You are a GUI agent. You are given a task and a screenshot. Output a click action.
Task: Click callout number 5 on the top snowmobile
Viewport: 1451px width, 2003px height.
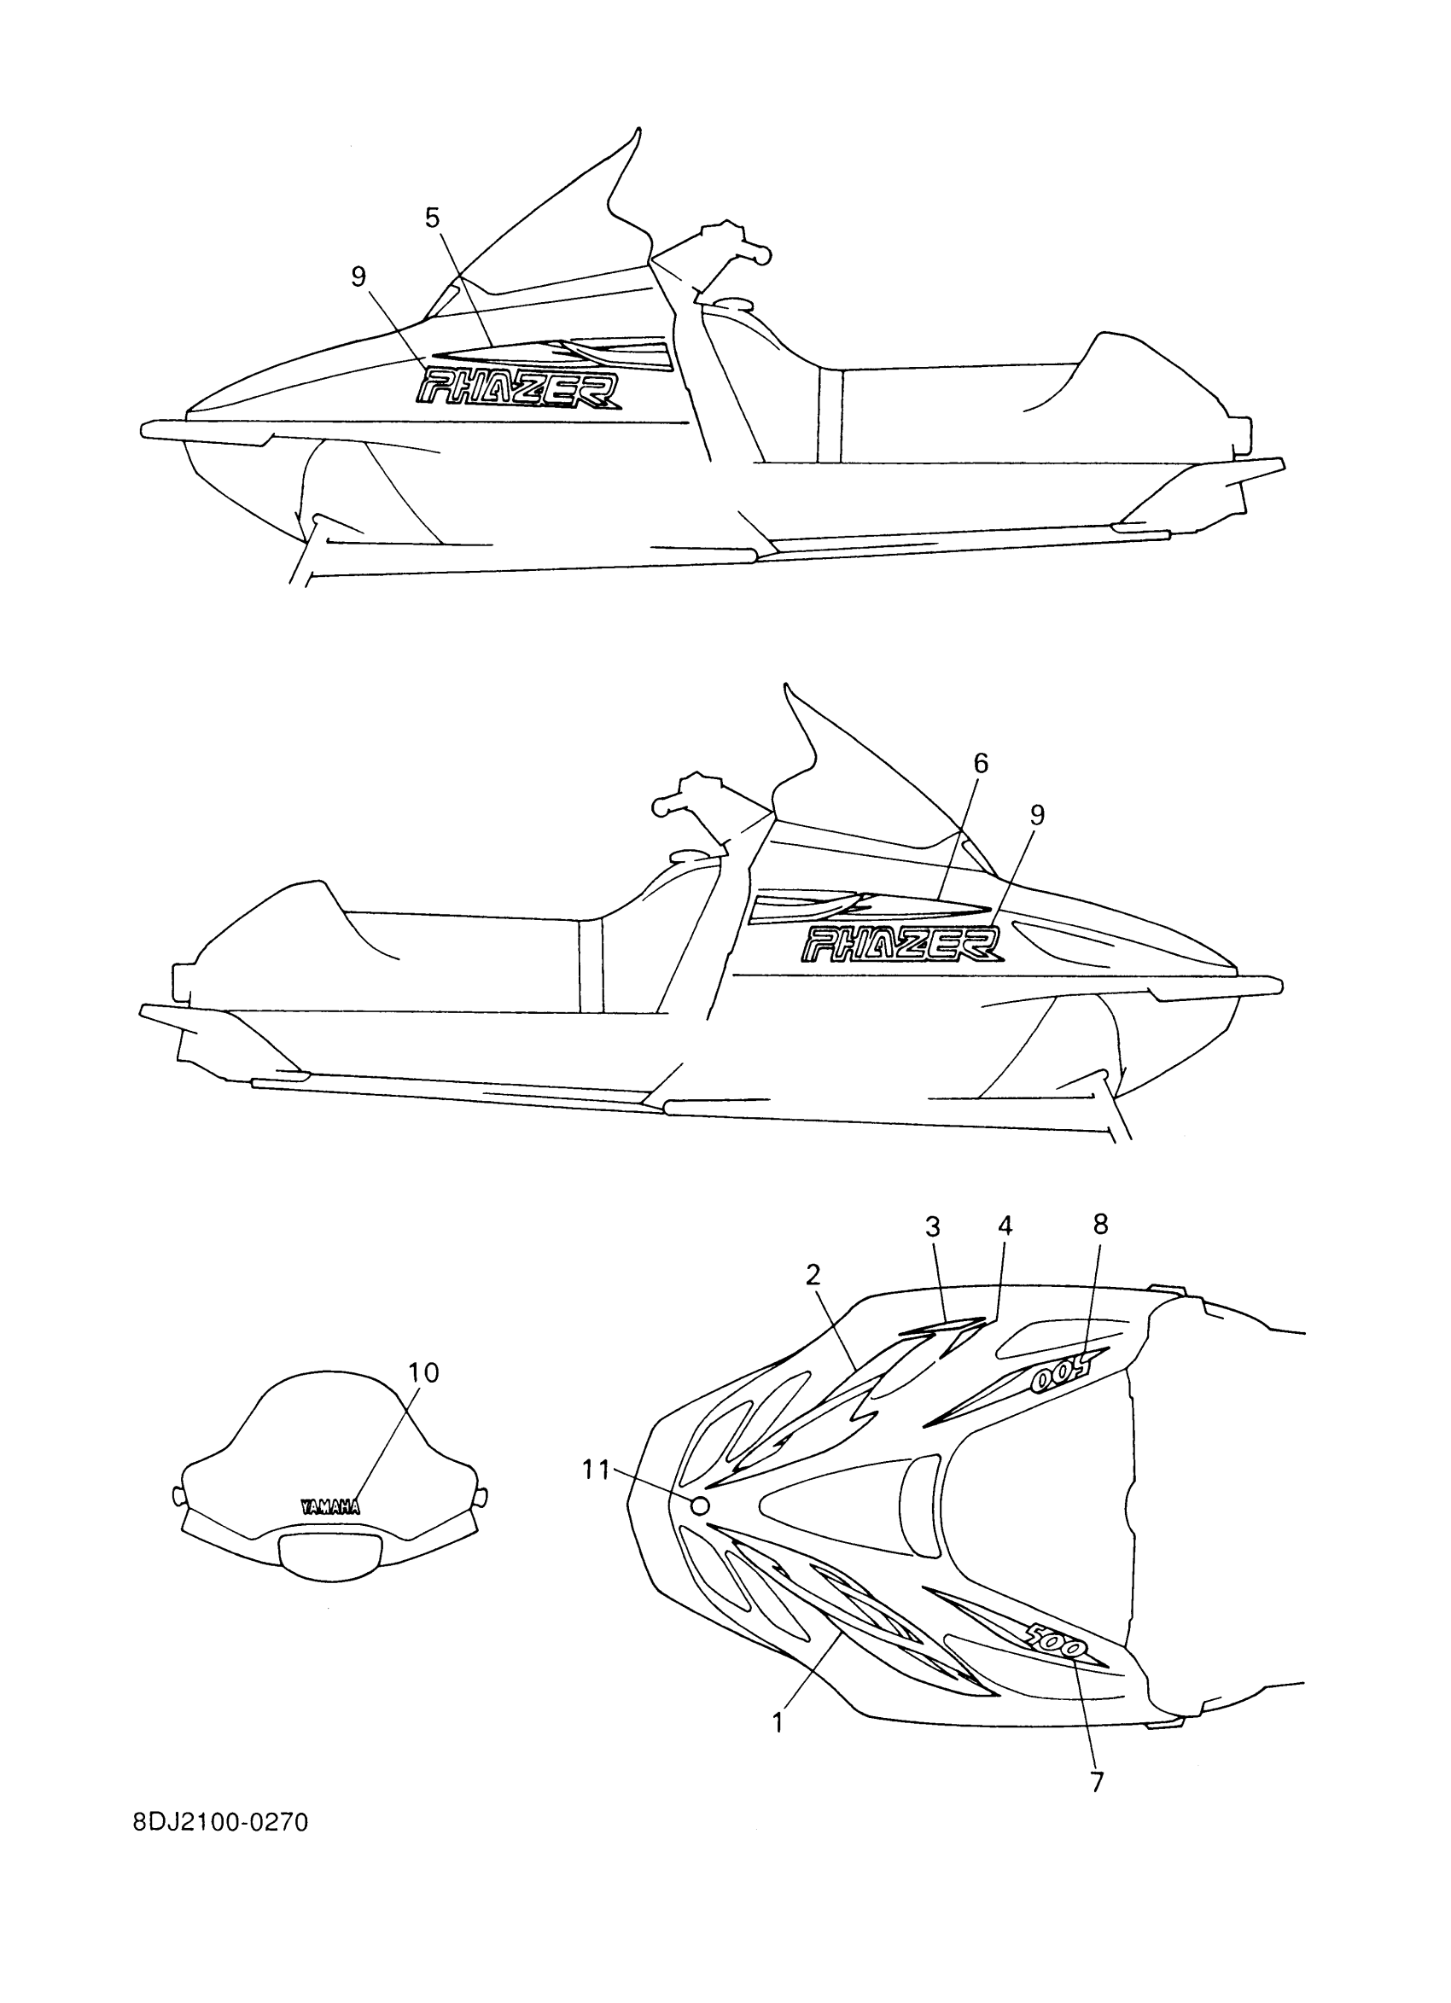click(x=432, y=218)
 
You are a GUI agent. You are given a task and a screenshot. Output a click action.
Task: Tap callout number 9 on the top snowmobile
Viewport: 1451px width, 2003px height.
click(x=358, y=277)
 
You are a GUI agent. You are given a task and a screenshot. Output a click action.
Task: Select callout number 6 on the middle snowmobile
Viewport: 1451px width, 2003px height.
click(x=982, y=764)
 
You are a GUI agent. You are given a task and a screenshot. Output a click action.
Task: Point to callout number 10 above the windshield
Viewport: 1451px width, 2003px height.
click(x=424, y=1372)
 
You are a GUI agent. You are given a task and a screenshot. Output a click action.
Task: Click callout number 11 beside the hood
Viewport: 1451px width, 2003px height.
click(x=596, y=1470)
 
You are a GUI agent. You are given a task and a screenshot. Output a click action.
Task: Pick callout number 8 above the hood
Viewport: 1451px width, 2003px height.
click(x=1099, y=1223)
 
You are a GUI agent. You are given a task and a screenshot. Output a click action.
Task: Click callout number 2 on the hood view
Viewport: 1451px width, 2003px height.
click(x=813, y=1273)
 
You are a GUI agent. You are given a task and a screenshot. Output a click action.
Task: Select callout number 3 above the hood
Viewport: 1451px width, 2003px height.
click(x=933, y=1226)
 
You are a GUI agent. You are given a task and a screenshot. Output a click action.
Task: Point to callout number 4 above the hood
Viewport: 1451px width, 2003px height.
click(x=1005, y=1225)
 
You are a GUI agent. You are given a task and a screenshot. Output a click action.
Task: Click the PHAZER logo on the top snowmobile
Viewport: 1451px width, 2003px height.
click(x=518, y=388)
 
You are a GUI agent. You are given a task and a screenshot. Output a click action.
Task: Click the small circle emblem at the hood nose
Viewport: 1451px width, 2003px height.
click(x=699, y=1505)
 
